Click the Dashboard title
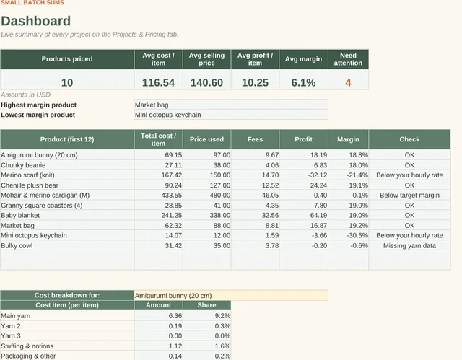(36, 21)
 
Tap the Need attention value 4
(348, 83)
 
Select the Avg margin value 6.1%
(303, 83)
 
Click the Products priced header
(67, 59)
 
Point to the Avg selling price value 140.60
(206, 83)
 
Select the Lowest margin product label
(38, 115)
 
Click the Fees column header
(255, 139)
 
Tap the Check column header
(409, 139)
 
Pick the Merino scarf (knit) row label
(27, 175)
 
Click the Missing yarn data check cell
(409, 246)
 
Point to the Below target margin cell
(409, 196)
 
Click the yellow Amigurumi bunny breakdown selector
(231, 296)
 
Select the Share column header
(206, 305)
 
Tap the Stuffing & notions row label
(27, 346)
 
